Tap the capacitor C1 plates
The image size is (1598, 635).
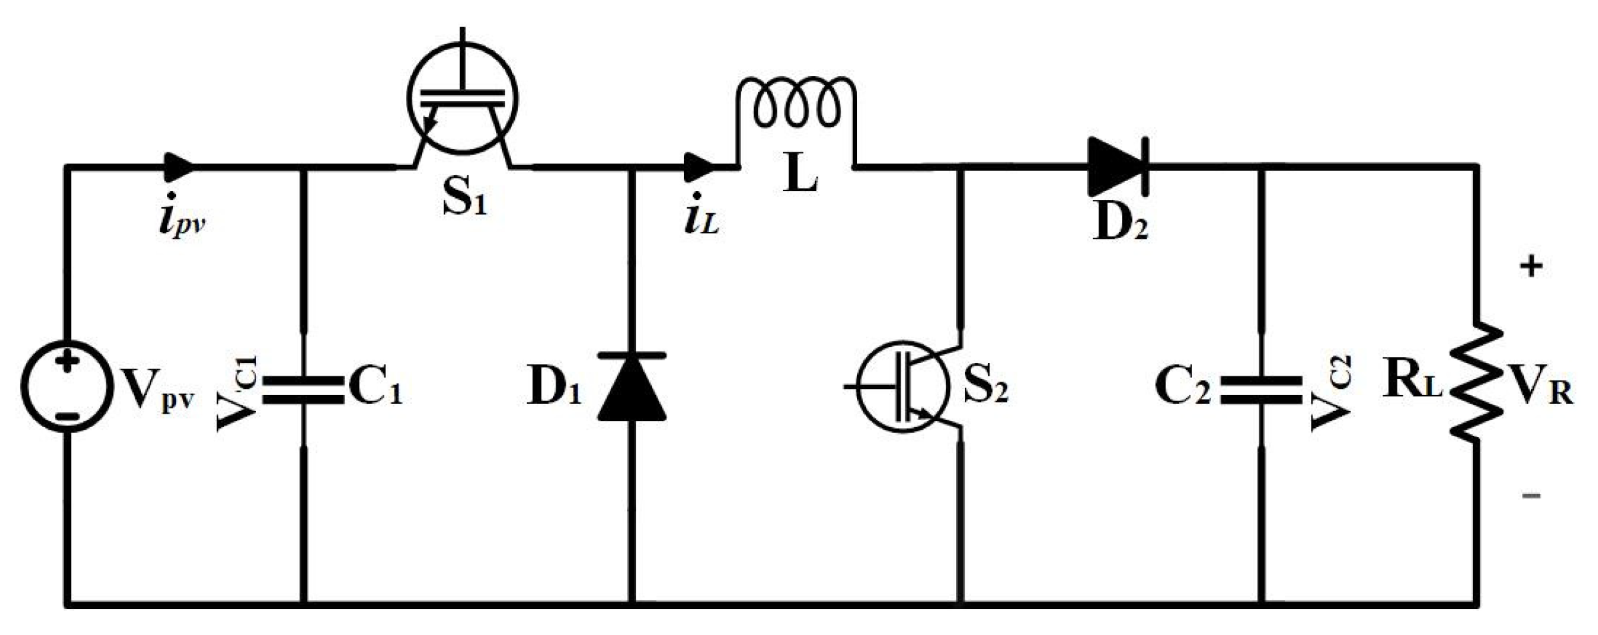(303, 390)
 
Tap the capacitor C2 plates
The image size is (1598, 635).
(1261, 390)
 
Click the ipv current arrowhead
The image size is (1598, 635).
(179, 166)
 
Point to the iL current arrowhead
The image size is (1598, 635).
(699, 166)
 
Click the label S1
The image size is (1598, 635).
(465, 199)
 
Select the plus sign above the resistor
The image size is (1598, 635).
(1532, 267)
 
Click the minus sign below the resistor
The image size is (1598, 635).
(1532, 495)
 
